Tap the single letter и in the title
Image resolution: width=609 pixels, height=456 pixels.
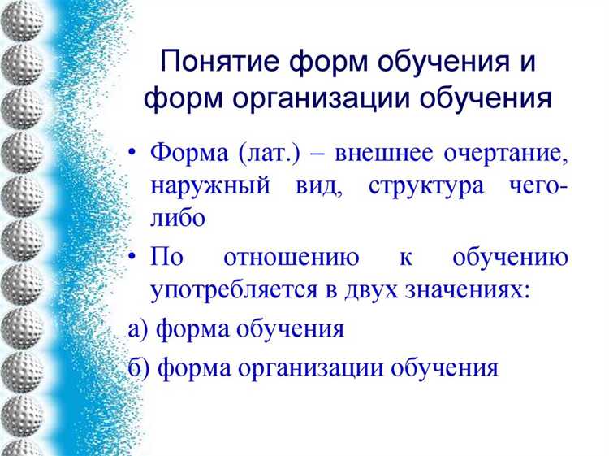pyautogui.click(x=525, y=63)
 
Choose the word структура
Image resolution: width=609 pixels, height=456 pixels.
pyautogui.click(x=420, y=185)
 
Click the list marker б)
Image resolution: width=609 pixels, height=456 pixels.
pyautogui.click(x=139, y=368)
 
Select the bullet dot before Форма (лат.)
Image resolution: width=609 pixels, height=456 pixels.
pyautogui.click(x=134, y=154)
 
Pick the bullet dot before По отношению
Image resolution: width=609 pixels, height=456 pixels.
pyautogui.click(x=134, y=259)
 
